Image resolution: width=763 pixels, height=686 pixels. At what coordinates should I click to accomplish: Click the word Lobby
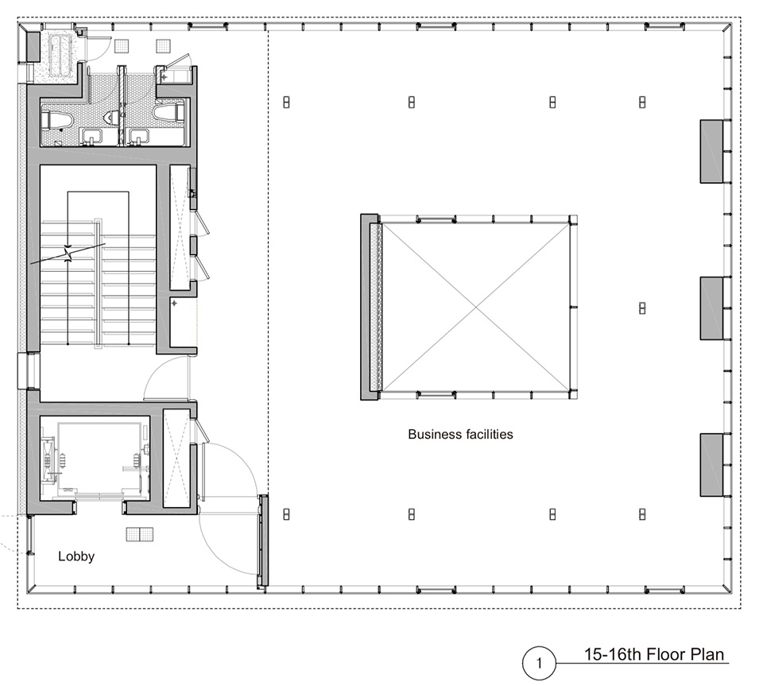click(x=76, y=556)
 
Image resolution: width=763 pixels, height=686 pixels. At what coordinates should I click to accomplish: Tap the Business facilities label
click(x=460, y=434)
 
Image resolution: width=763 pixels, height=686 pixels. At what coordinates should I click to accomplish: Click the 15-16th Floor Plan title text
click(x=654, y=654)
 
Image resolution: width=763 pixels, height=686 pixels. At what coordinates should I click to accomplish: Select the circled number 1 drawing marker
click(x=539, y=663)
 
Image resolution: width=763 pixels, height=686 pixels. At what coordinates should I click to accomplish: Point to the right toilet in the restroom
click(x=168, y=113)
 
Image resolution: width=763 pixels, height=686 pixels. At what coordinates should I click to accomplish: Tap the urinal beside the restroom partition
click(x=113, y=116)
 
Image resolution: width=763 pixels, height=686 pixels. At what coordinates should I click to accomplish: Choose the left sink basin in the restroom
click(x=90, y=138)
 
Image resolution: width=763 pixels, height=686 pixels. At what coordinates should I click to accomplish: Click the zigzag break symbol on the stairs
click(x=68, y=254)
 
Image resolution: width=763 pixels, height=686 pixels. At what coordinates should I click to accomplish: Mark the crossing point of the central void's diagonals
click(x=475, y=307)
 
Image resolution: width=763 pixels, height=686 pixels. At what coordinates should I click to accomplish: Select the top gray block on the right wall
click(x=711, y=151)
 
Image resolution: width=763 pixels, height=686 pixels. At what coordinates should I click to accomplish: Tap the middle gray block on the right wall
click(x=711, y=308)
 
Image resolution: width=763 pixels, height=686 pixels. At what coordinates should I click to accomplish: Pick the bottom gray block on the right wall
click(x=711, y=465)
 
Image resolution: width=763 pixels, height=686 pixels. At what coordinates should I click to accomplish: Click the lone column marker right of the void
click(x=642, y=308)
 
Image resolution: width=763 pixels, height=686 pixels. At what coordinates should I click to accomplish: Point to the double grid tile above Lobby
click(x=140, y=534)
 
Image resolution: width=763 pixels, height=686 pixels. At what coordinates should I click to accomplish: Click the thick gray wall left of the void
click(x=369, y=307)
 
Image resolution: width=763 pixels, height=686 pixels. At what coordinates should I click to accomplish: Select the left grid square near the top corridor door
click(x=122, y=46)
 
